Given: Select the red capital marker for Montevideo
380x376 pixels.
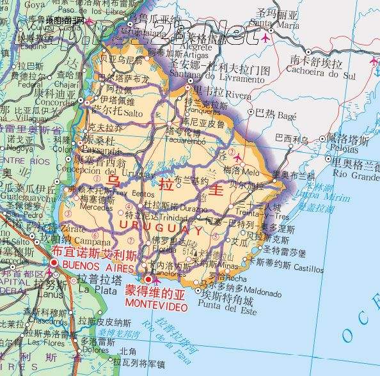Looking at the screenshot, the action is point(148,279).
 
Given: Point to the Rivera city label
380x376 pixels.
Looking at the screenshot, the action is point(240,95).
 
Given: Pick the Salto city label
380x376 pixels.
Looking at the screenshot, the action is point(132,110).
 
